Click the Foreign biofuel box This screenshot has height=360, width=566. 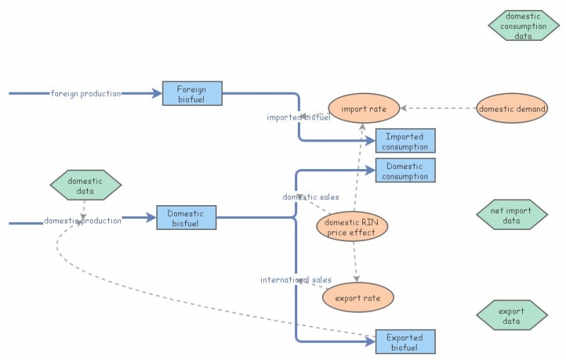click(192, 93)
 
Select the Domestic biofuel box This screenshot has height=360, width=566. click(185, 218)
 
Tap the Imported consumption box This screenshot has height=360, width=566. click(405, 141)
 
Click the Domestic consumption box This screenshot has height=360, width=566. click(405, 171)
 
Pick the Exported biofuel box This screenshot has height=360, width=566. click(405, 342)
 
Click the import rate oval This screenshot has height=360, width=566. click(364, 109)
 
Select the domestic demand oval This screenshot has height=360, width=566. click(512, 109)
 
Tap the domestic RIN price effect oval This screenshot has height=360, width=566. click(352, 227)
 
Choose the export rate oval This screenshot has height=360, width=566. click(357, 298)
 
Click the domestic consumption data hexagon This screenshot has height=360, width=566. click(524, 26)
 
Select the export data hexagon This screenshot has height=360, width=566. click(512, 315)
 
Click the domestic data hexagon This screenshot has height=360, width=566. click(86, 185)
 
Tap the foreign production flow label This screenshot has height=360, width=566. click(86, 93)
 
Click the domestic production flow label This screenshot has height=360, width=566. click(83, 221)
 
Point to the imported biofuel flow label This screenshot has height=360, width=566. click(299, 117)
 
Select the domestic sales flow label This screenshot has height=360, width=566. click(311, 197)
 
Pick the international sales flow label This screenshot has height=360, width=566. click(296, 280)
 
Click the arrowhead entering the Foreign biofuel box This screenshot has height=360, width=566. click(157, 93)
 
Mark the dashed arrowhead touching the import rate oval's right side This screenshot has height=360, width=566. click(403, 109)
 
